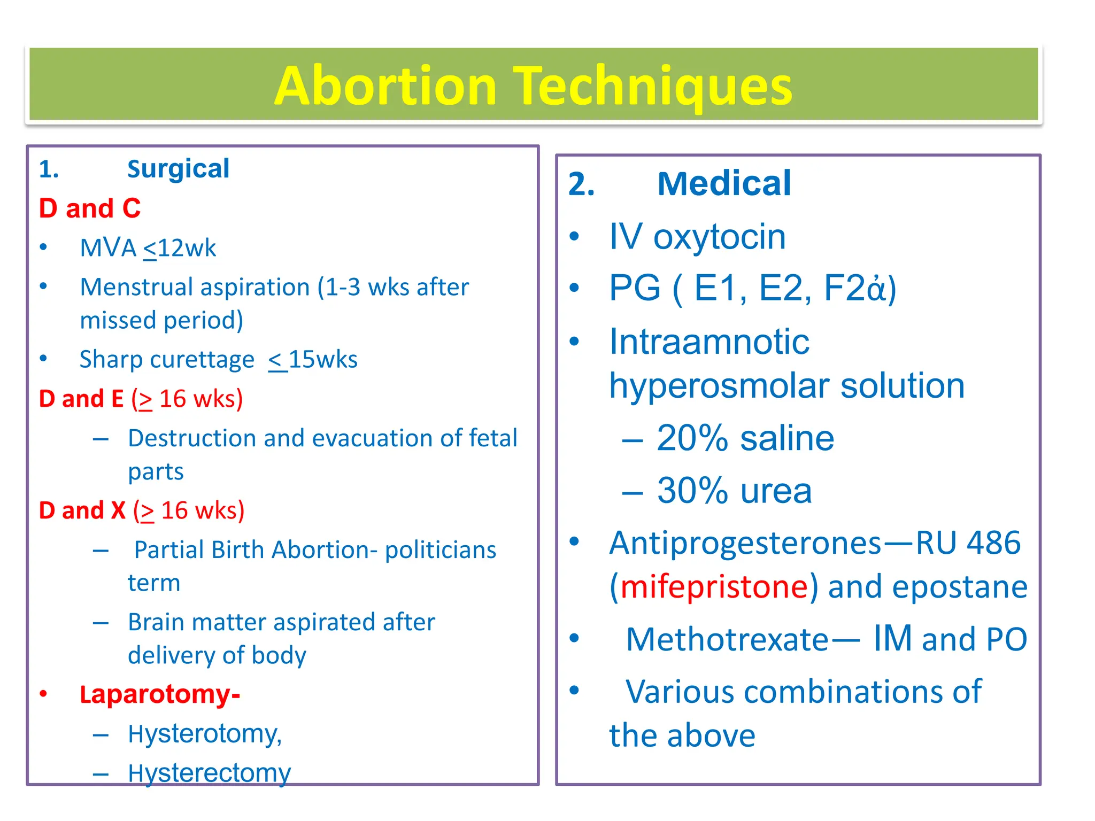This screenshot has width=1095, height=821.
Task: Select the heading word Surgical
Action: click(x=178, y=169)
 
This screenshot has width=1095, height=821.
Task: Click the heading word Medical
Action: click(x=724, y=184)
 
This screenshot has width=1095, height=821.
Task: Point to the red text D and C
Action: click(x=90, y=208)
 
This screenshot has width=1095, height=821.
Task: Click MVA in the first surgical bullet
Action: click(x=109, y=248)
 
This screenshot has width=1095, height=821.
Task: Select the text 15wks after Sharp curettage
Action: click(x=323, y=359)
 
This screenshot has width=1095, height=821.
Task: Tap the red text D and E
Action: click(x=81, y=399)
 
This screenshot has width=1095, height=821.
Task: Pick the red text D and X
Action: click(x=82, y=510)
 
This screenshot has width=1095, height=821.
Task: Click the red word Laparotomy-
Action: click(x=160, y=694)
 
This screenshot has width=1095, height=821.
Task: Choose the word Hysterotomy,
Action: click(x=205, y=734)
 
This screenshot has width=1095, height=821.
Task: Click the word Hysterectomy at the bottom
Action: click(x=209, y=773)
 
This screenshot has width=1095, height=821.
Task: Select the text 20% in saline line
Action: click(x=692, y=438)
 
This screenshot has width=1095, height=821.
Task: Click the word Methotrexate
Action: click(x=727, y=639)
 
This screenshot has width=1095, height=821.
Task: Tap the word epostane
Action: click(x=960, y=587)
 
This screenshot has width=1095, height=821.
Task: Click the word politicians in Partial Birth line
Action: click(x=441, y=550)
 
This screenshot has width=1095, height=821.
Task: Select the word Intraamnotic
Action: click(x=709, y=342)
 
